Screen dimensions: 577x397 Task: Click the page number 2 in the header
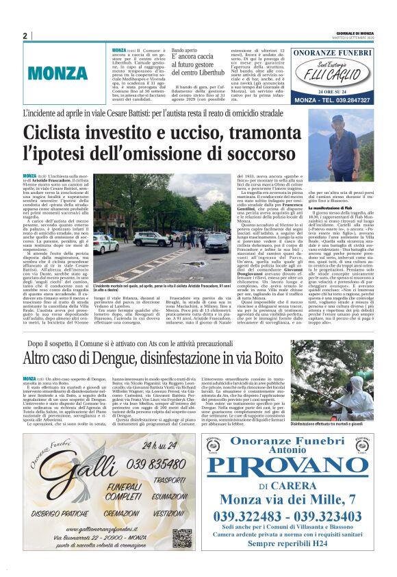coord(25,36)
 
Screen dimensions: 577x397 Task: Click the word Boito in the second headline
coord(263,358)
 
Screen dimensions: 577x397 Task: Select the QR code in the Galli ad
coord(181,537)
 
